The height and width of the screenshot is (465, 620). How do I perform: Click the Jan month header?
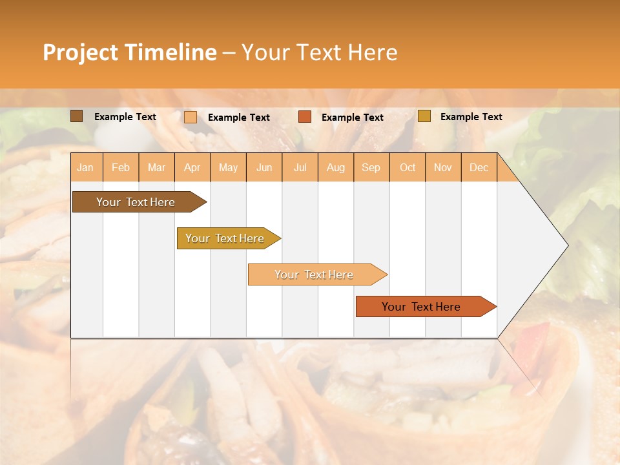[x=85, y=167]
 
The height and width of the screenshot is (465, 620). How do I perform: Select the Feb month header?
[x=121, y=167]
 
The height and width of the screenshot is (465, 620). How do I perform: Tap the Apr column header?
[x=192, y=167]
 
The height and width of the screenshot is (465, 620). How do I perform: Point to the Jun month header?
[x=264, y=167]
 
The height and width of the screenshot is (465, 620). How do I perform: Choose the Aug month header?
[x=336, y=167]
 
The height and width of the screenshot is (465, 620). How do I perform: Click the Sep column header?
[x=371, y=167]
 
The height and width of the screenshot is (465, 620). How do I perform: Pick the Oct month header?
[x=408, y=167]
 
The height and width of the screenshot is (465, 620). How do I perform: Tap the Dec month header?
[x=479, y=167]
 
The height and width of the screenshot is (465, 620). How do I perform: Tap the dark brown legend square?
[x=76, y=116]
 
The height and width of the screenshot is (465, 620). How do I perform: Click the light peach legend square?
[x=190, y=117]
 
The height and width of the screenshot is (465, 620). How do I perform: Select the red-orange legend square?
[x=304, y=117]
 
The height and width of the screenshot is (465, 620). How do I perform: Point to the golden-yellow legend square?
[x=424, y=116]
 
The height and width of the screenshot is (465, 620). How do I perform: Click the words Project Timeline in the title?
[x=130, y=52]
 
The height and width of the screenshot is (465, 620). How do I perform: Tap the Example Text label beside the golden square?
[x=471, y=117]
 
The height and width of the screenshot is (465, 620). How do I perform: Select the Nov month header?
[x=443, y=167]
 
